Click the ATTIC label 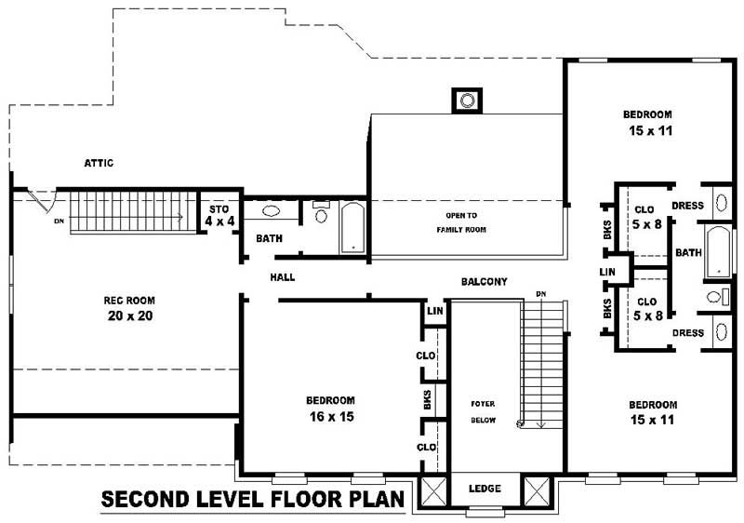99,163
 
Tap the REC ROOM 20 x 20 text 128,308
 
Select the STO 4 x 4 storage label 219,215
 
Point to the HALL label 283,277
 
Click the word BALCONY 484,281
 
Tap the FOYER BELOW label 482,411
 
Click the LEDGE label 485,489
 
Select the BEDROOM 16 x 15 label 330,409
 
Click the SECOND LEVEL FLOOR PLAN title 252,500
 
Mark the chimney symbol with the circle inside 467,100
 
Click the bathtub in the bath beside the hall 352,228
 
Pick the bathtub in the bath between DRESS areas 716,252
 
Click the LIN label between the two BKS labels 608,272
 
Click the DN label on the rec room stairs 59,221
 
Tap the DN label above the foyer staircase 539,294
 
